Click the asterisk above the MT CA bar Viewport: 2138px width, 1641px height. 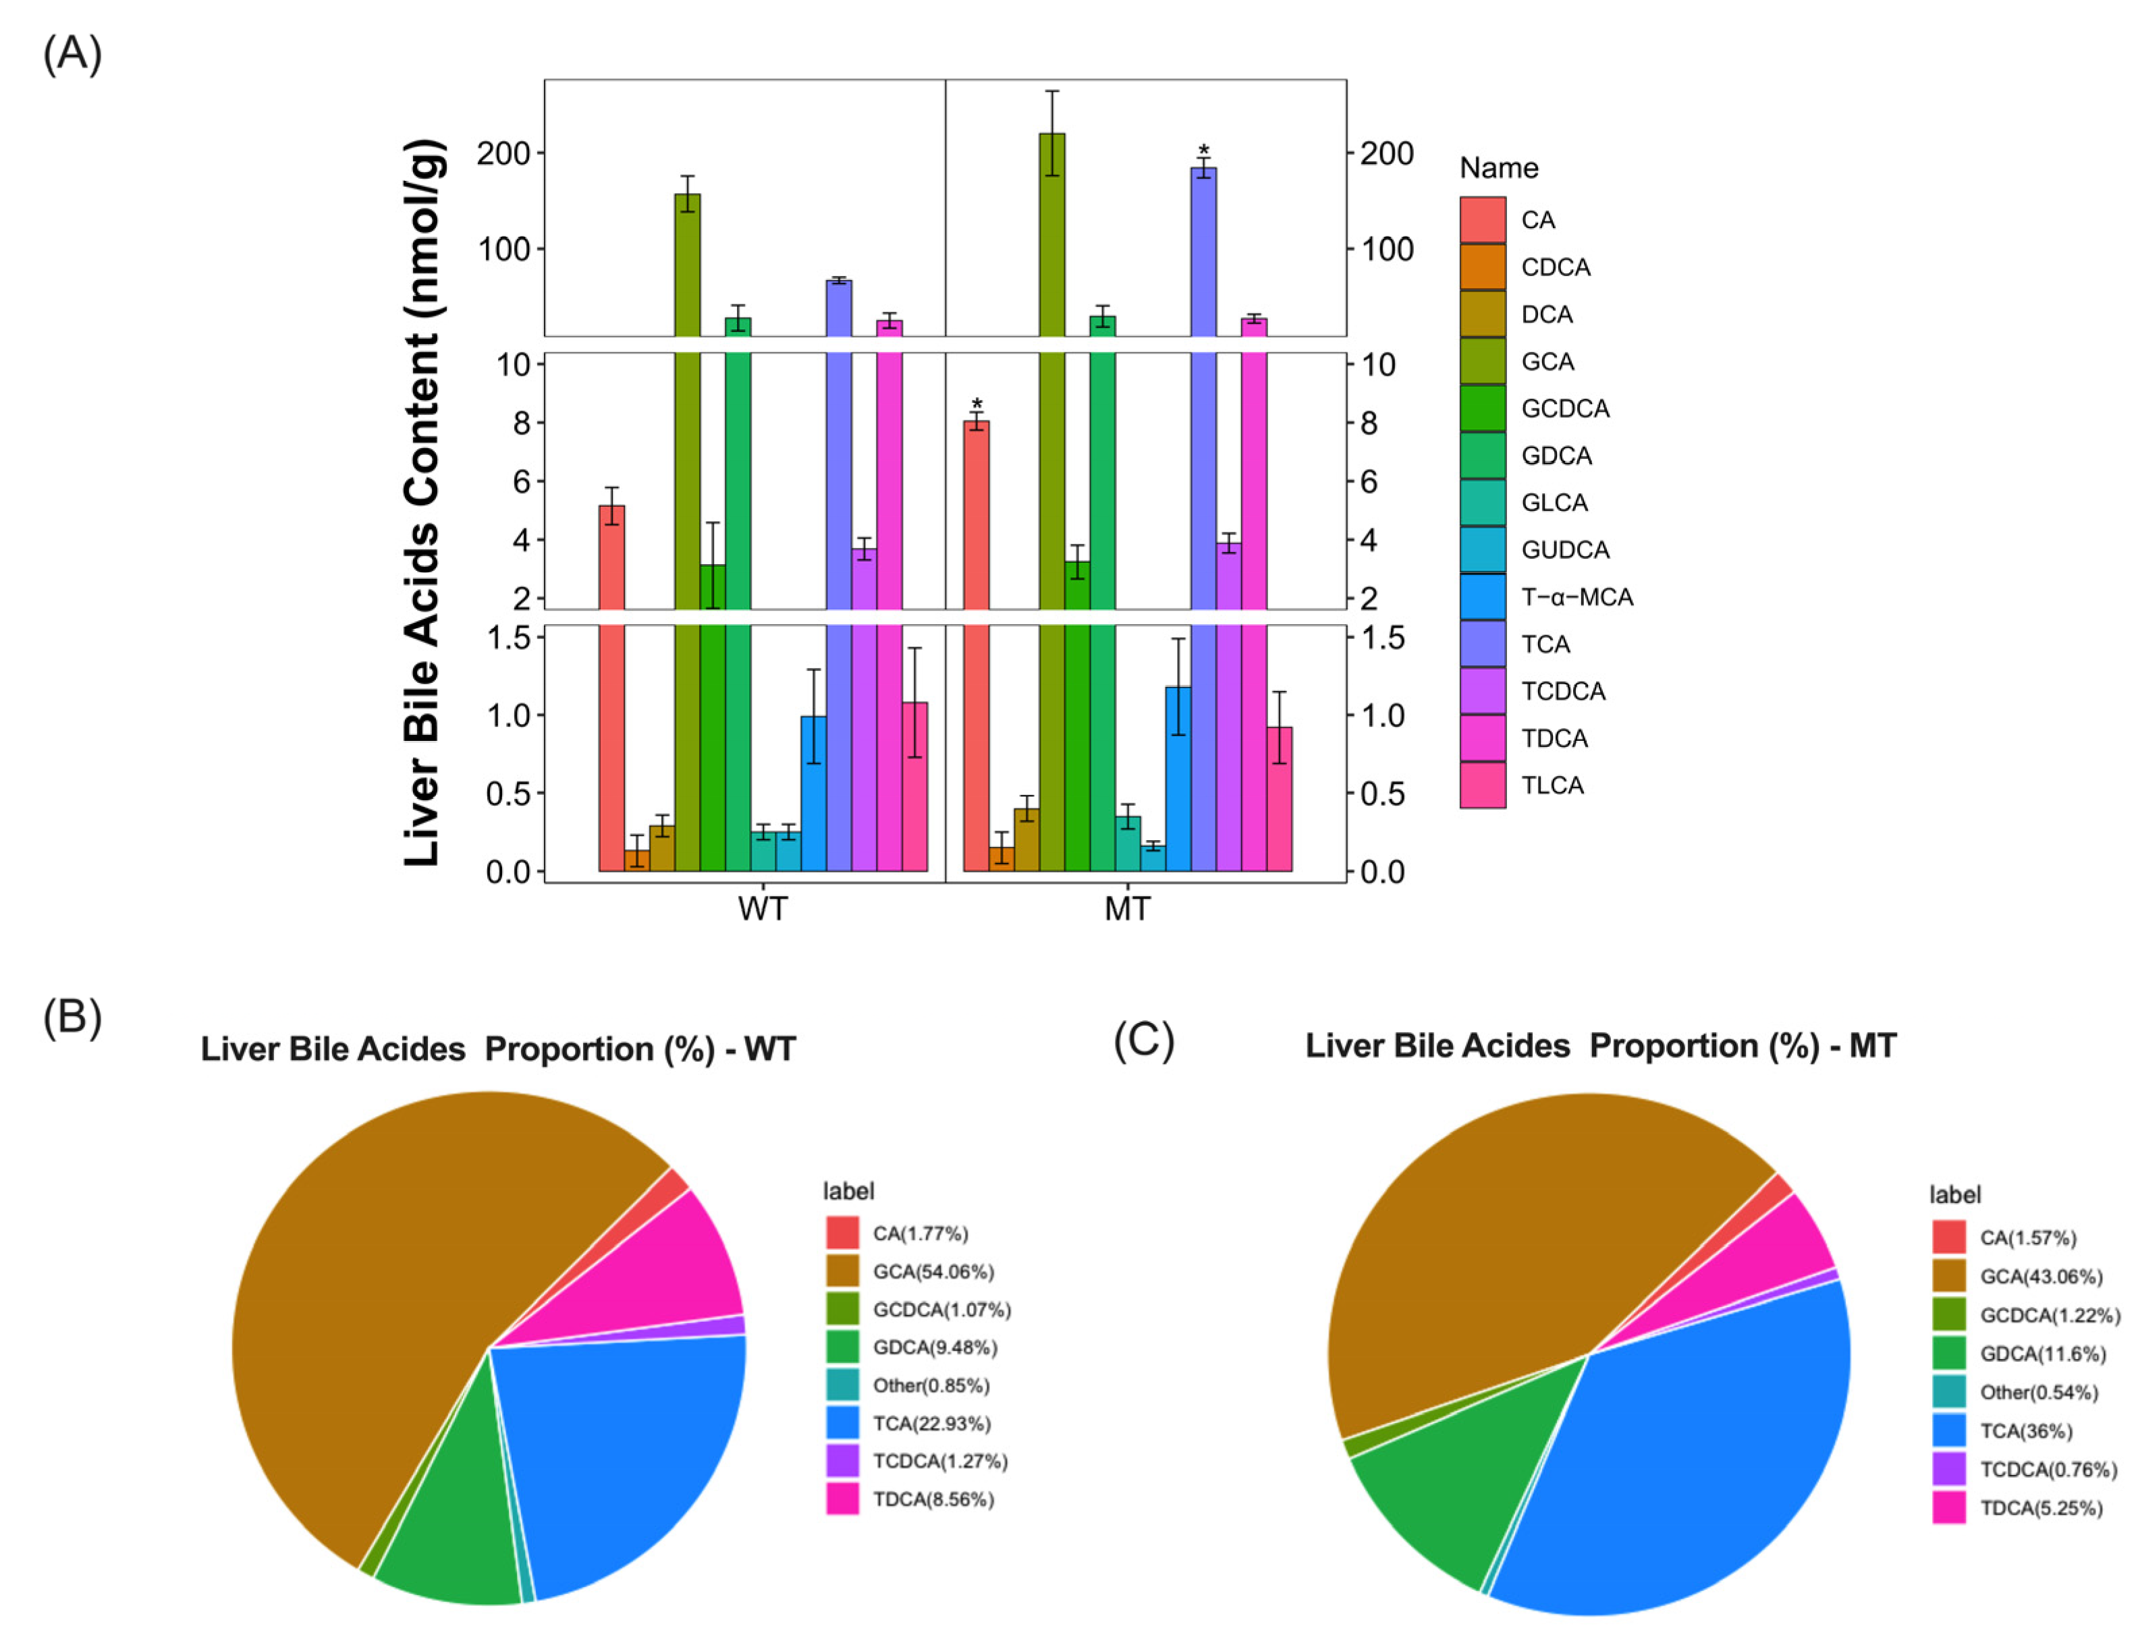(977, 404)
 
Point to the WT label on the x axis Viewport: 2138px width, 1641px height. (762, 910)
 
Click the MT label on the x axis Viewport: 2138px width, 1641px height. (1126, 910)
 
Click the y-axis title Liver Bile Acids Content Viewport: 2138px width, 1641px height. (423, 503)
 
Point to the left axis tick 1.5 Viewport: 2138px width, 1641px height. (508, 638)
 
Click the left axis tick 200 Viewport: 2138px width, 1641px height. (502, 153)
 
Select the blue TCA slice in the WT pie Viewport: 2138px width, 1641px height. (635, 1445)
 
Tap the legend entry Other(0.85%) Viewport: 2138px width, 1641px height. (930, 1386)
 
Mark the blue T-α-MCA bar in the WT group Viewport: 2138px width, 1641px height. (814, 793)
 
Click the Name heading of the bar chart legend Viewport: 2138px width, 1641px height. (1498, 168)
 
